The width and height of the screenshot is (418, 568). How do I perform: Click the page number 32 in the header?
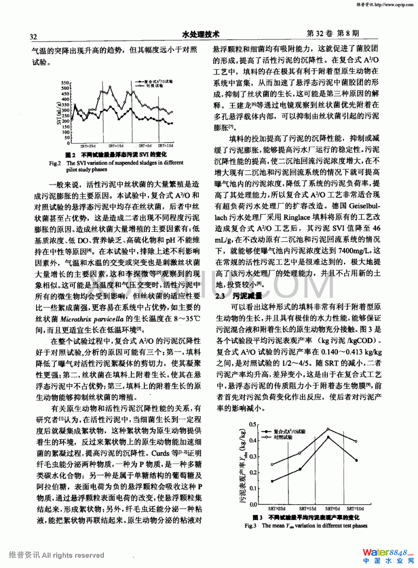point(33,37)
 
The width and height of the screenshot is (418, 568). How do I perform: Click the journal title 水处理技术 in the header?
point(200,34)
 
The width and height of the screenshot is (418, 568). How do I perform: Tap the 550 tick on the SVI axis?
point(65,83)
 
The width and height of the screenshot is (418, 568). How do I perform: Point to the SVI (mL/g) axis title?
point(59,113)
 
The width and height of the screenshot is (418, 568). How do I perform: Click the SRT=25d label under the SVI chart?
point(88,146)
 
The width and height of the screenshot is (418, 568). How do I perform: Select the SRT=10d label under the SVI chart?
point(165,146)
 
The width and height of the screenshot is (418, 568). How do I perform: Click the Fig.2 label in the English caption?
point(55,163)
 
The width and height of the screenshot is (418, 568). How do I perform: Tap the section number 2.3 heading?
point(220,296)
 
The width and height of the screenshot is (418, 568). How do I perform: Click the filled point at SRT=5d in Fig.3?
point(328,437)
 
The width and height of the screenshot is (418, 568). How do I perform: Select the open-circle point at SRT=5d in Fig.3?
point(328,429)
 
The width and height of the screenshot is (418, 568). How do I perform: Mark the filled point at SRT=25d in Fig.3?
point(272,481)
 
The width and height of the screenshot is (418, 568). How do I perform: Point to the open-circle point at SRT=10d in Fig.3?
point(356,441)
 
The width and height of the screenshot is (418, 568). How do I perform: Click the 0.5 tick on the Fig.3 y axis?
point(253,424)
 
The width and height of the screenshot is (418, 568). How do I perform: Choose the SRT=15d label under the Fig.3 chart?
point(308,509)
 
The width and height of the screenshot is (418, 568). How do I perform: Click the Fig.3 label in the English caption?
point(250,526)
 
